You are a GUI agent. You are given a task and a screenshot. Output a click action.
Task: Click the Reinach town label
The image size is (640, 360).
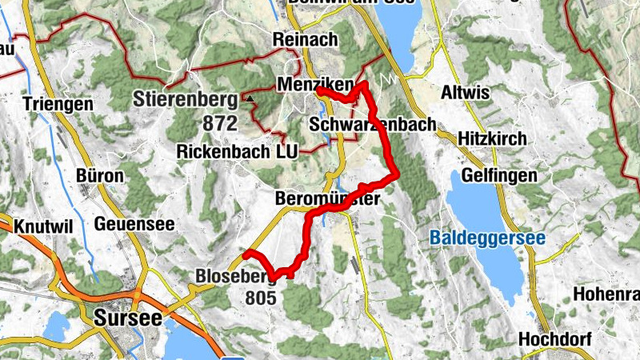click(305, 39)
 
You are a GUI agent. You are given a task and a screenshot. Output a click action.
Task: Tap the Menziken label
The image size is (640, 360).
click(307, 83)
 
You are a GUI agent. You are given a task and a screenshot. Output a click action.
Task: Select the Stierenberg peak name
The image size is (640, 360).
click(186, 100)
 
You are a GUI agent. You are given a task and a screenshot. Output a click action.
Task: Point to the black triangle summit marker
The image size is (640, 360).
click(250, 99)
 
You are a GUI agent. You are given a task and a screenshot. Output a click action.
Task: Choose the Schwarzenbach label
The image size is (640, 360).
click(372, 125)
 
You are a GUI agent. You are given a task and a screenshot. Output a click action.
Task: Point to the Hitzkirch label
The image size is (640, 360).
click(493, 138)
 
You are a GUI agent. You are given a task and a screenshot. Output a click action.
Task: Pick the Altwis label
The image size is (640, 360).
click(465, 93)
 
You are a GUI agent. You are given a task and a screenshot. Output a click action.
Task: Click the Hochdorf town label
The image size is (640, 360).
click(554, 339)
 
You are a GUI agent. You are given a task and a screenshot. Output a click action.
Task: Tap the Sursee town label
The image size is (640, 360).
click(127, 317)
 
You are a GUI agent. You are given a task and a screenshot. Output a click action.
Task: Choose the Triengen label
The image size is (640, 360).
click(58, 104)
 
